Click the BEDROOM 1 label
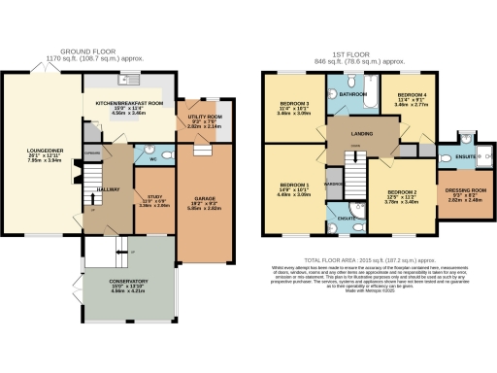pos(294,185)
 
